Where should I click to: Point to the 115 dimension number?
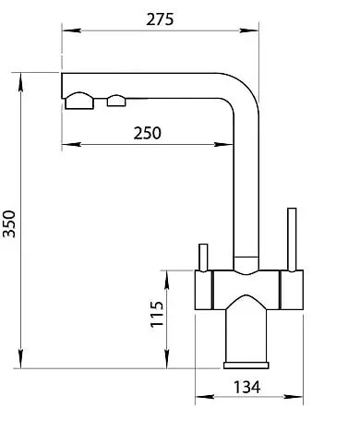pyautogui.click(x=156, y=316)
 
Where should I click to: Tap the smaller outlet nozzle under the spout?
pyautogui.click(x=116, y=101)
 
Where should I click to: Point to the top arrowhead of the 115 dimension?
pyautogui.click(x=168, y=275)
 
